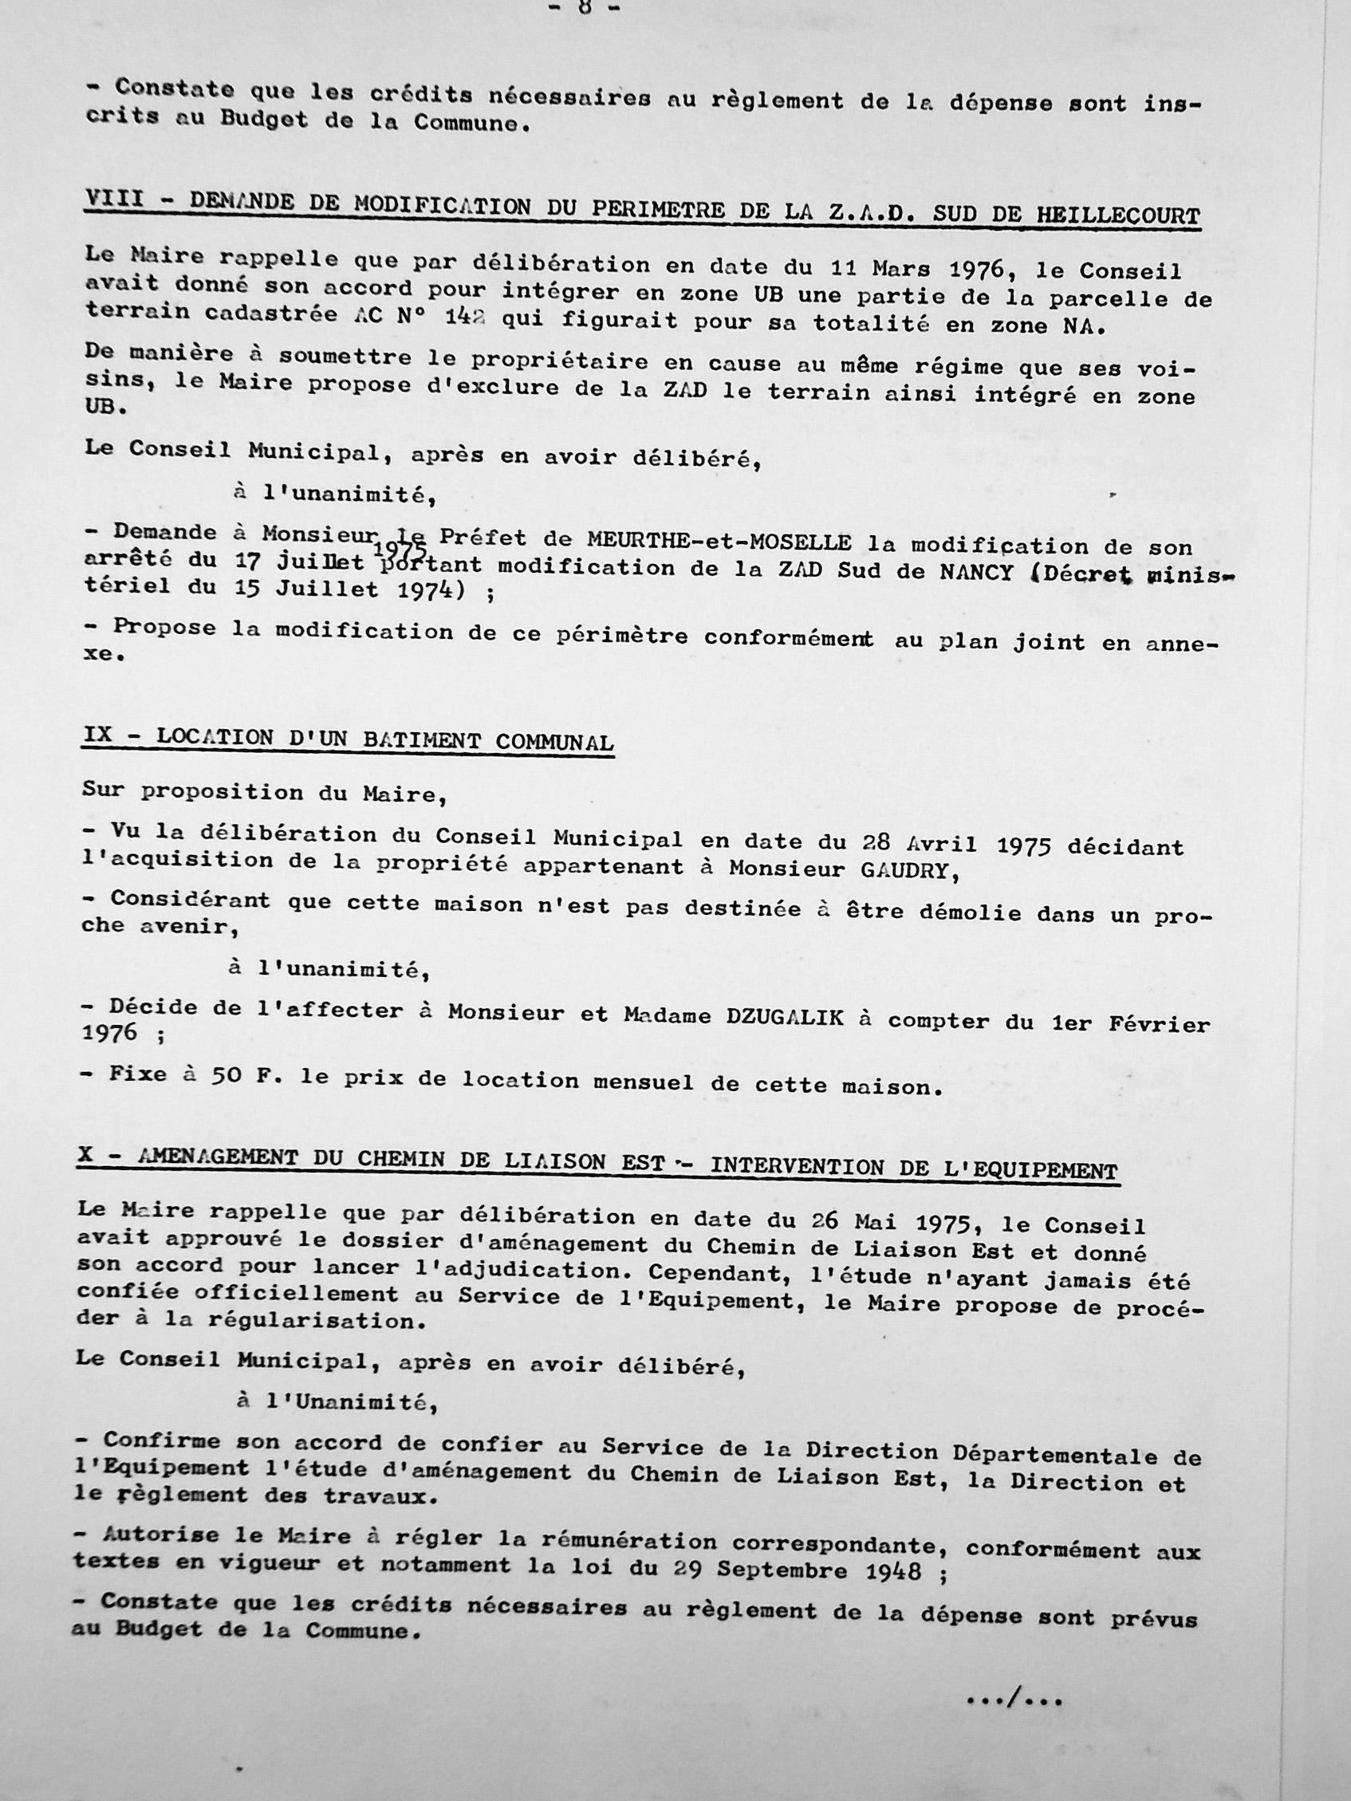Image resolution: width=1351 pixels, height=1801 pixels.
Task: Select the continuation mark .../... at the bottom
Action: click(x=1013, y=1698)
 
